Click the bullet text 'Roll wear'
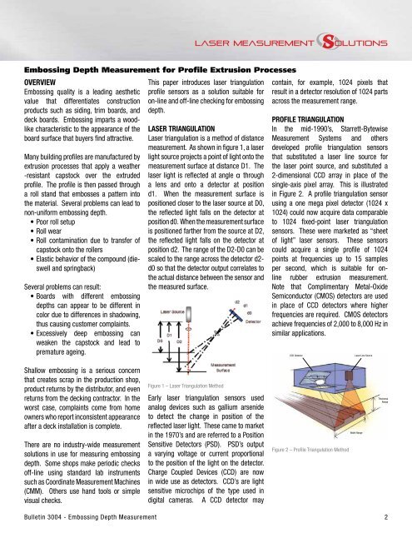[x=51, y=258]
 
